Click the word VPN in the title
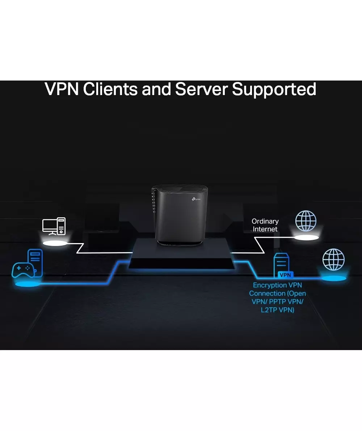(62, 89)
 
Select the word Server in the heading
(201, 89)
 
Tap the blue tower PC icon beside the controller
(35, 260)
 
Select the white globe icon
(306, 221)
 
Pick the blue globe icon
(333, 260)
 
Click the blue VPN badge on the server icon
(285, 275)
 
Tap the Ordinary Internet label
(265, 225)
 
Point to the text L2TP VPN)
(277, 310)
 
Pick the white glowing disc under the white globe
(306, 237)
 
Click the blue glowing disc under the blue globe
(334, 278)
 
